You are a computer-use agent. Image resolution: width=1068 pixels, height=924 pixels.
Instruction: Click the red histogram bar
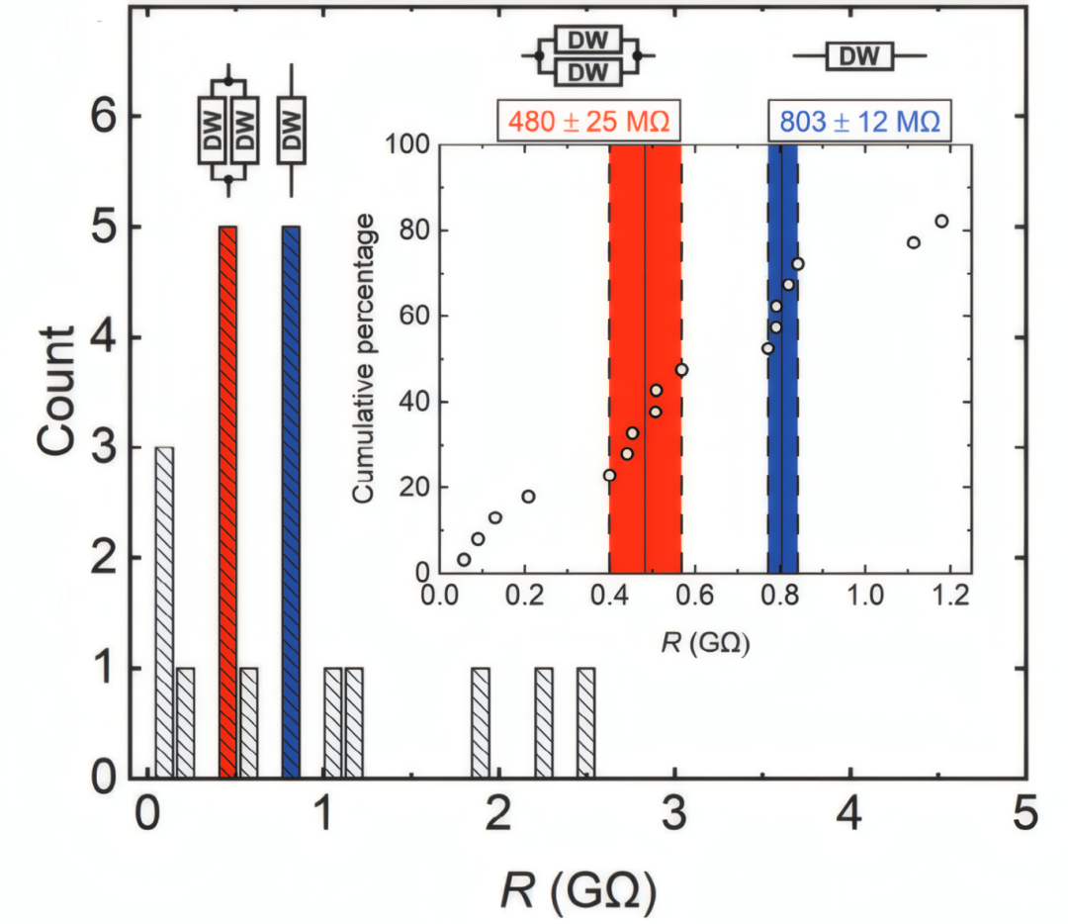[227, 502]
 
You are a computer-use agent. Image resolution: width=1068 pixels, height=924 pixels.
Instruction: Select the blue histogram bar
[291, 502]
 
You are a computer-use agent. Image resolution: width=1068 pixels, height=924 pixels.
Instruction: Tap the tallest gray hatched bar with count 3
[164, 612]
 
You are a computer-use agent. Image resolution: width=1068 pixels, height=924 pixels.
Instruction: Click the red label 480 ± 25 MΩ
[591, 122]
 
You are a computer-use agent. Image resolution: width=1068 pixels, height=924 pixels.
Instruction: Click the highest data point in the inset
[941, 221]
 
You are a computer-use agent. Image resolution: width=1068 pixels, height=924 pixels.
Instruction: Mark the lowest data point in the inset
[464, 560]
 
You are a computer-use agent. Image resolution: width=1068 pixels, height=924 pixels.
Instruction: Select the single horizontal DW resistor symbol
[858, 57]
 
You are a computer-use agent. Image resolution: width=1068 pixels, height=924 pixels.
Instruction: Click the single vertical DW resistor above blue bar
[291, 130]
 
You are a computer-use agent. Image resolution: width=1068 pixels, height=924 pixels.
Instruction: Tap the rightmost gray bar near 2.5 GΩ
[585, 723]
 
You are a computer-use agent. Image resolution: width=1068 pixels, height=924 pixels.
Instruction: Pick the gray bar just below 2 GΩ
[481, 723]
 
